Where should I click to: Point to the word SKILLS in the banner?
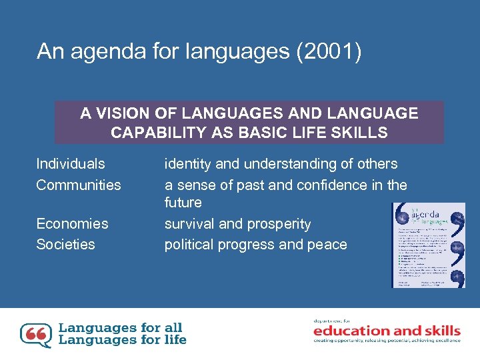tap(362, 132)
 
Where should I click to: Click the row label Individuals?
tap(71, 164)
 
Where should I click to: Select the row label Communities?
tap(79, 185)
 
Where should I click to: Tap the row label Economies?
tap(72, 223)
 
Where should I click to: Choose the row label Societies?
tap(65, 244)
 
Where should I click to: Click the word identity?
tap(189, 164)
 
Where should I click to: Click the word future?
tap(183, 202)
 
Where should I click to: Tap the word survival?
tap(189, 223)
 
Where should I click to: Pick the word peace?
tap(326, 245)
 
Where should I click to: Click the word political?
tap(189, 245)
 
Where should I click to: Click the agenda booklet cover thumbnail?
tap(428, 245)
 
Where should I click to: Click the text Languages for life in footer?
tap(123, 339)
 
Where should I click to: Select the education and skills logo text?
tap(387, 331)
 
